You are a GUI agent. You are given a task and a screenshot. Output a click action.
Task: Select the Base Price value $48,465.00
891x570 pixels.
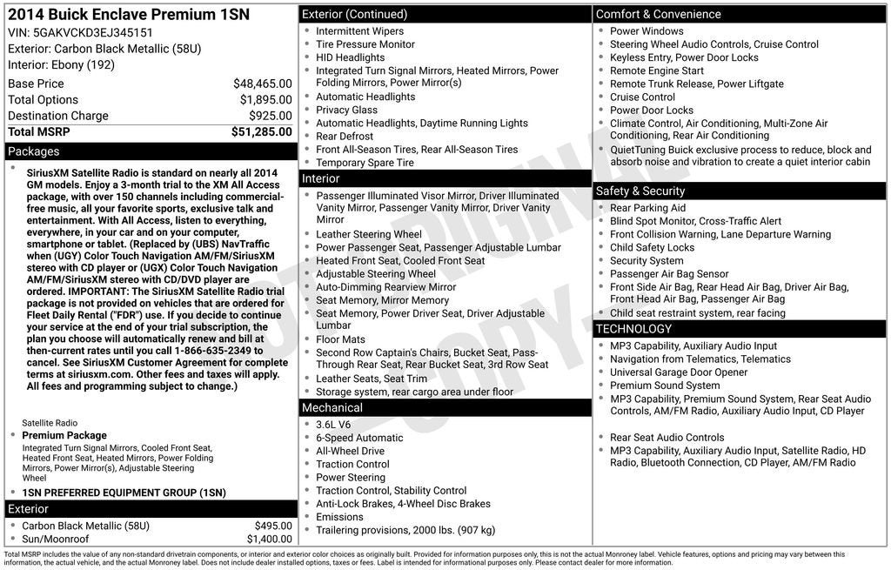262,84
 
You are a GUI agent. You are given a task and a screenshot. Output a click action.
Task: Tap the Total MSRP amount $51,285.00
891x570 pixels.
261,131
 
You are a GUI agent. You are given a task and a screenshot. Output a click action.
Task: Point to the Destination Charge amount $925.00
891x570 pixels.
270,116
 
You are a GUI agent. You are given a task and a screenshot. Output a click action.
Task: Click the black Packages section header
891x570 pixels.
151,151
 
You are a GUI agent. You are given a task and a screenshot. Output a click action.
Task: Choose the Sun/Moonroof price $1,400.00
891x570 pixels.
269,539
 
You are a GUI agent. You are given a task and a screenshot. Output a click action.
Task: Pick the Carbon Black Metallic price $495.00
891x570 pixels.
273,526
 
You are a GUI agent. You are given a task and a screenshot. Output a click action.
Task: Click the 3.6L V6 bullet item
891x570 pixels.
333,425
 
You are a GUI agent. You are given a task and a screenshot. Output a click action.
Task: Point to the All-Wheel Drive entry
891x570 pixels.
350,451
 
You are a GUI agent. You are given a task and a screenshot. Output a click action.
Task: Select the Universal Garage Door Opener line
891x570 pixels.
679,372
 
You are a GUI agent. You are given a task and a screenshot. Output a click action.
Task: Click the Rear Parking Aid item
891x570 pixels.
647,208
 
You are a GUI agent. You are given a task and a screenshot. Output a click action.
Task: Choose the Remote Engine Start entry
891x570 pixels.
657,70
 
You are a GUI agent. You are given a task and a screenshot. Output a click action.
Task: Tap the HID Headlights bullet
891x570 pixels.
350,57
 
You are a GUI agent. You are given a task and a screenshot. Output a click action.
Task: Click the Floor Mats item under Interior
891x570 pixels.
340,339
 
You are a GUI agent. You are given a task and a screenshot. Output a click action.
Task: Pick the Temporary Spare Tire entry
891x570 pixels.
365,163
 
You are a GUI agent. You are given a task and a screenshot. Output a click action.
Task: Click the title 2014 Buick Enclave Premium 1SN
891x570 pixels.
111,14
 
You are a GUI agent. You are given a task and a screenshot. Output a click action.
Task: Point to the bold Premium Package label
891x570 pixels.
64,435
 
